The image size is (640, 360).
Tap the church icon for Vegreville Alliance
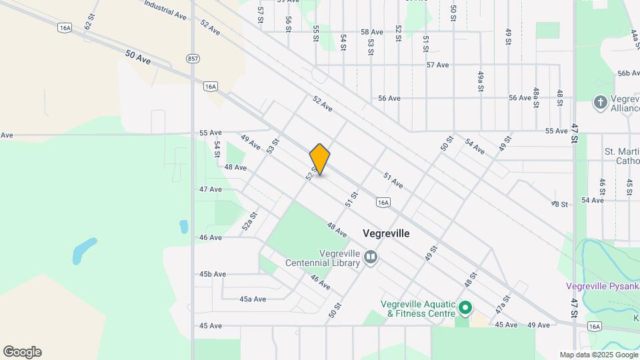tap(600, 103)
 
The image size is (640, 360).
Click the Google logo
tap(22, 352)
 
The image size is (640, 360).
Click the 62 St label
tap(87, 21)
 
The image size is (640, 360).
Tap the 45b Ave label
tap(213, 274)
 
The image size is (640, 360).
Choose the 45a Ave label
tap(253, 299)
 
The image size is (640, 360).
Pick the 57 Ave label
tap(437, 65)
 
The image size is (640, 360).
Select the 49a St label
tap(479, 81)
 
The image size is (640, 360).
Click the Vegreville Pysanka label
tap(602, 287)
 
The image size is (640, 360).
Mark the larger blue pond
tap(83, 250)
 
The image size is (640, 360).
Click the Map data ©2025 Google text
tap(598, 355)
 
